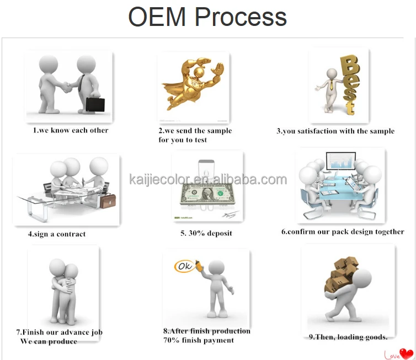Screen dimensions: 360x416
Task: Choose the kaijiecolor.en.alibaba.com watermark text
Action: (207, 179)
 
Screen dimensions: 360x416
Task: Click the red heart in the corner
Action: (407, 352)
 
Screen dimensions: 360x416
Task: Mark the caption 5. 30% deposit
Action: (206, 233)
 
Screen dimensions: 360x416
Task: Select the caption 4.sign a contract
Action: (57, 234)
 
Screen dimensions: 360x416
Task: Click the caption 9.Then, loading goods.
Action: (348, 337)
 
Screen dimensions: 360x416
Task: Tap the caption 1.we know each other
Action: (70, 130)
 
